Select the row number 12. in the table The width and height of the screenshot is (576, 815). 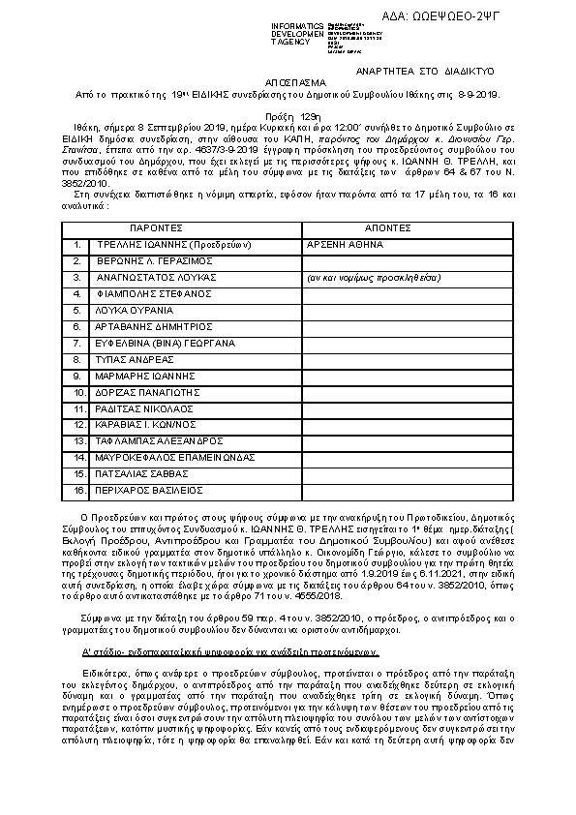click(x=80, y=425)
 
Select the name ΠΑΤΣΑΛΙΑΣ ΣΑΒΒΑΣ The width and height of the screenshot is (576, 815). click(x=140, y=474)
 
